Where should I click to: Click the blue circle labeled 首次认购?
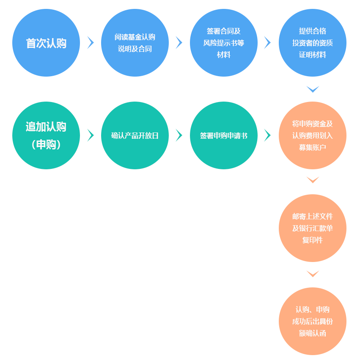point(46,43)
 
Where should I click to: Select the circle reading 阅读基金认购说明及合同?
point(135,43)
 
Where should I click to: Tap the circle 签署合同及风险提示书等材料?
point(224,43)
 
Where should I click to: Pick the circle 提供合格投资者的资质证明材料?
point(313,43)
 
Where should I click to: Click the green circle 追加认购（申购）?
point(46,135)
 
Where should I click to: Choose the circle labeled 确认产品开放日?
point(135,135)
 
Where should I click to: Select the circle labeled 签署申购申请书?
point(224,135)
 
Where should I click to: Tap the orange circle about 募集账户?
point(313,135)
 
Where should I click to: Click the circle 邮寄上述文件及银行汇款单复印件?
point(313,228)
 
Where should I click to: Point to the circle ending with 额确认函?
point(313,321)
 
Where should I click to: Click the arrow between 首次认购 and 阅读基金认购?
point(91,43)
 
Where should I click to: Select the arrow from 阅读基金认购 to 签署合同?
point(179,43)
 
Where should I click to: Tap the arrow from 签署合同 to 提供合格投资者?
point(267,43)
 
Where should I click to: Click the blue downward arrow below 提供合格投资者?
point(313,89)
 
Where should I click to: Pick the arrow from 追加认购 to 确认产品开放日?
point(91,135)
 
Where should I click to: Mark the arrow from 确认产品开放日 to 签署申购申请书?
point(179,135)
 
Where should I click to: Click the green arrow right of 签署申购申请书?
point(267,135)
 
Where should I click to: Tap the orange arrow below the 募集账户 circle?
point(313,180)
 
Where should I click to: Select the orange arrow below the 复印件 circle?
point(313,274)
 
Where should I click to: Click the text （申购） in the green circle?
point(46,144)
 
